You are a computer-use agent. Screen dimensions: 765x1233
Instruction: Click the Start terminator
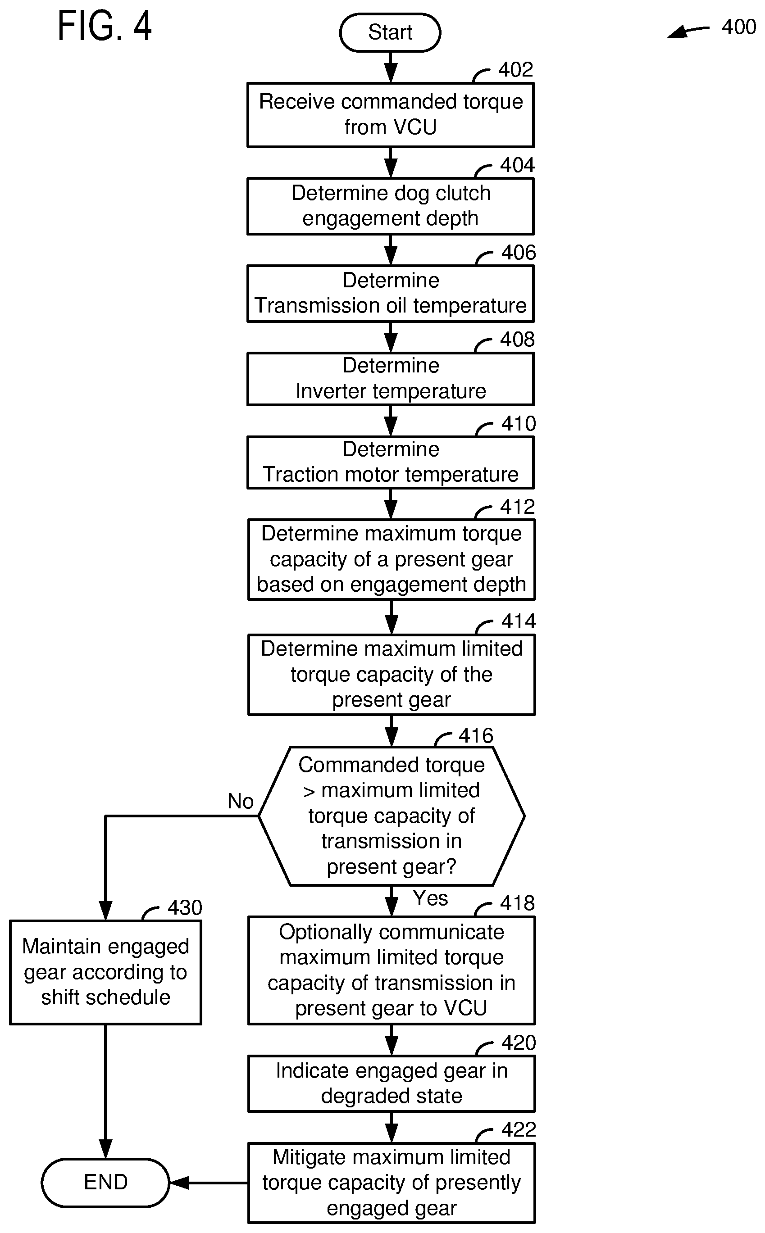(x=390, y=32)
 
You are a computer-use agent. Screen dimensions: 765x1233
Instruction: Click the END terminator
(x=105, y=1183)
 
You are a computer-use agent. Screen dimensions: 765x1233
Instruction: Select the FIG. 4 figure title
(x=104, y=26)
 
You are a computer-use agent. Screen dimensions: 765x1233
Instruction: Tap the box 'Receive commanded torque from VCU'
(x=391, y=115)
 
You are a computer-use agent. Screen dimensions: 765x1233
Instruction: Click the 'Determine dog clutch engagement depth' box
(x=391, y=206)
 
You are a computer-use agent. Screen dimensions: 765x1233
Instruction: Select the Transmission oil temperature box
(x=391, y=294)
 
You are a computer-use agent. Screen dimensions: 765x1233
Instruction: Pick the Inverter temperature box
(x=391, y=379)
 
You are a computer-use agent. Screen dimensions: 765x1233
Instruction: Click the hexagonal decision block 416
(x=392, y=816)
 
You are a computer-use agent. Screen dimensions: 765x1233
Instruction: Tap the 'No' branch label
(x=240, y=801)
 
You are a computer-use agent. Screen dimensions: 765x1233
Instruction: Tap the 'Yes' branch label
(x=431, y=898)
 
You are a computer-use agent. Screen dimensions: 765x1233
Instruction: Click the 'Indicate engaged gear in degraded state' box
(x=392, y=1083)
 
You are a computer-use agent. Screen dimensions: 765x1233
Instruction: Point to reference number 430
(x=185, y=908)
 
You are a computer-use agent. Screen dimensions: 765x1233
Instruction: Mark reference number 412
(x=517, y=507)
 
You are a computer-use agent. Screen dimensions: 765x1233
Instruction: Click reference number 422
(x=519, y=1130)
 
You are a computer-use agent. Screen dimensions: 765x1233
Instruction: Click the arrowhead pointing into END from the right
(x=179, y=1183)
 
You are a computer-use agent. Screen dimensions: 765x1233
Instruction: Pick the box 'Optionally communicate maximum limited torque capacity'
(x=392, y=970)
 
